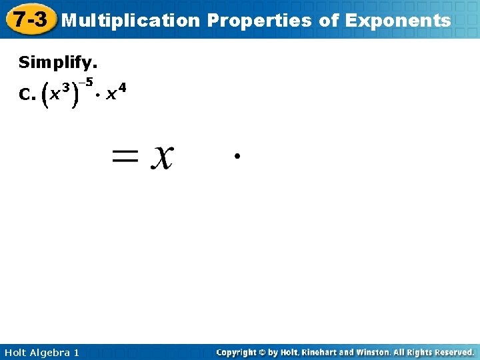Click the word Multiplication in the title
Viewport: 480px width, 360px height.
click(131, 21)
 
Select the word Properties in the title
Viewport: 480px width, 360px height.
click(259, 21)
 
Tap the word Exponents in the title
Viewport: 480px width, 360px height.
click(398, 21)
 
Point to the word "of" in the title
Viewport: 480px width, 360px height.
click(329, 21)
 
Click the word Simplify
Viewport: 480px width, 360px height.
click(58, 63)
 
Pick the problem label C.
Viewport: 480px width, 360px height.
click(27, 95)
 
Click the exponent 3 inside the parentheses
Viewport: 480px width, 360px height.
click(66, 87)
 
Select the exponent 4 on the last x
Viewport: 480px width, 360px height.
click(122, 87)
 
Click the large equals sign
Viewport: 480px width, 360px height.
click(126, 158)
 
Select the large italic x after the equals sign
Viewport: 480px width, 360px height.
click(162, 158)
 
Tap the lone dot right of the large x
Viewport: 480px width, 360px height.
click(237, 156)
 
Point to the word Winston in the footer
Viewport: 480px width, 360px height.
click(370, 352)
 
